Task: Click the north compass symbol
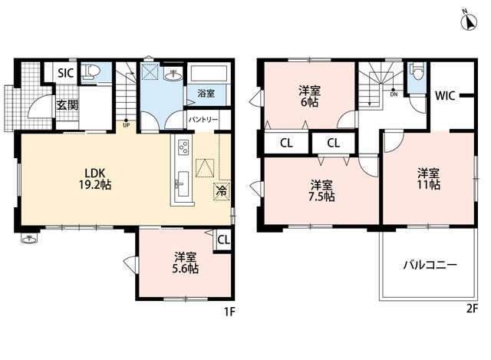click(469, 21)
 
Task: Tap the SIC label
click(66, 73)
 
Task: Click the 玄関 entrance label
click(67, 105)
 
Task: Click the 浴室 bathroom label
click(206, 93)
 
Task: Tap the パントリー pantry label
click(203, 120)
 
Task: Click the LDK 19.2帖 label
click(95, 179)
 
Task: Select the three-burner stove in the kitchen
click(183, 147)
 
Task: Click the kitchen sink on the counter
click(182, 184)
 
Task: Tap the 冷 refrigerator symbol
click(222, 191)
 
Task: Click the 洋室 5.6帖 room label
click(186, 263)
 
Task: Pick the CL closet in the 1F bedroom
click(223, 240)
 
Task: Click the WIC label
click(445, 95)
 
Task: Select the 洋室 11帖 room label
click(428, 178)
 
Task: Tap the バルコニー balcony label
click(430, 266)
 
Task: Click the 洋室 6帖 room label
click(309, 97)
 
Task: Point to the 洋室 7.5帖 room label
click(321, 190)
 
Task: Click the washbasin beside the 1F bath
click(172, 75)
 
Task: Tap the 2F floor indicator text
click(473, 309)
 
